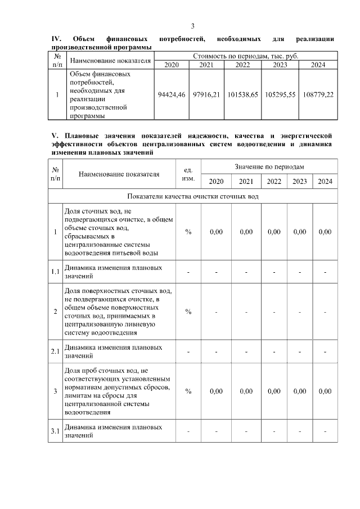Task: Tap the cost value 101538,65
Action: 242,94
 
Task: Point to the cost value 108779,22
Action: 318,94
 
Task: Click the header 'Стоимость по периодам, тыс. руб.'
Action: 246,56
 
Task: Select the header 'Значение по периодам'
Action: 269,167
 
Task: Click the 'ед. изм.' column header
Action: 188,174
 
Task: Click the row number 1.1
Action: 55,272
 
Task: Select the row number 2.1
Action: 55,352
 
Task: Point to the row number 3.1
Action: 55,431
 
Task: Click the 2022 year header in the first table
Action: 242,65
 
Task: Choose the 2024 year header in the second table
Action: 325,181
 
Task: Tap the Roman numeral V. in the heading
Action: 55,136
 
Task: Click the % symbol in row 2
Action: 188,312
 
